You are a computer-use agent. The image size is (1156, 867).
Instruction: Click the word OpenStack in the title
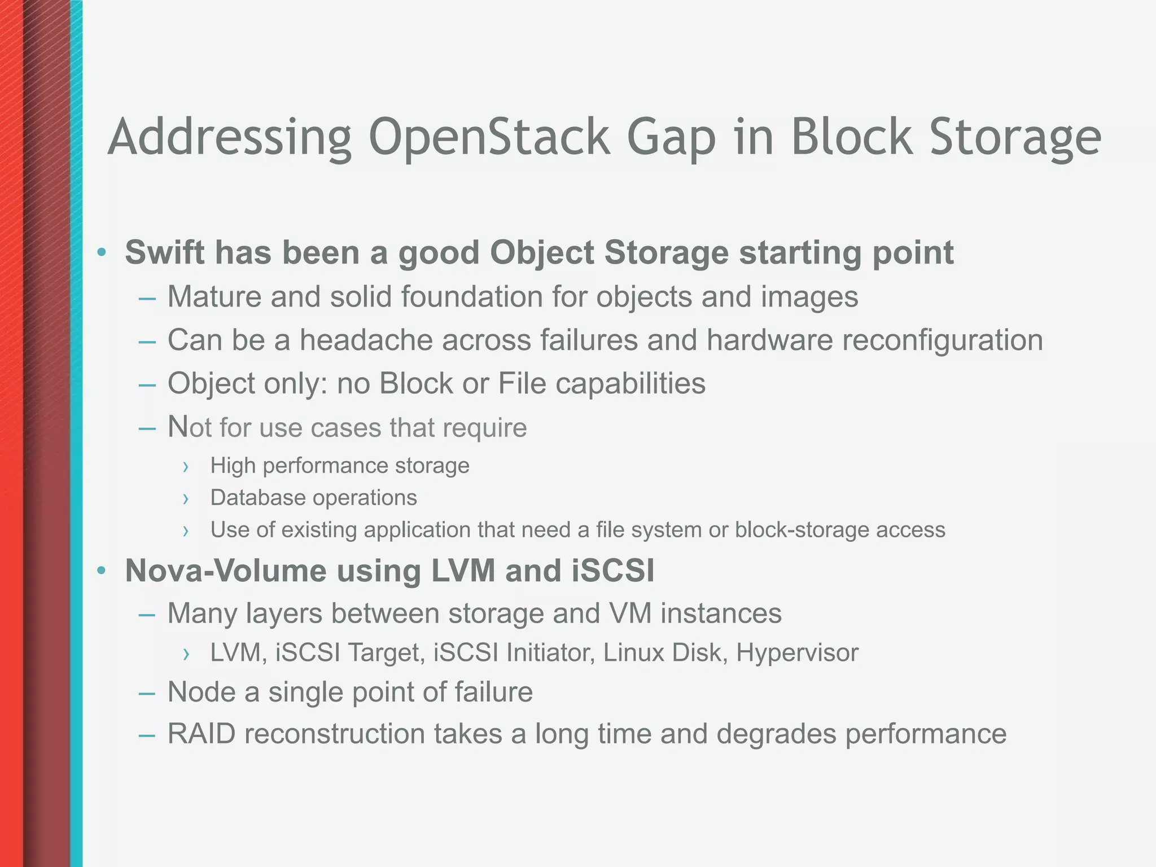click(x=489, y=138)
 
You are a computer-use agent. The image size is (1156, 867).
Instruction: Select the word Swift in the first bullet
click(x=164, y=252)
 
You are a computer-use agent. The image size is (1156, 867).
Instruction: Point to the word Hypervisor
click(x=797, y=653)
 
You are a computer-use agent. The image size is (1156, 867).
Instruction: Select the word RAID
click(x=202, y=734)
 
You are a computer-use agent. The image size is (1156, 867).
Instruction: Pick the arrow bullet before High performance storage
click(x=185, y=467)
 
